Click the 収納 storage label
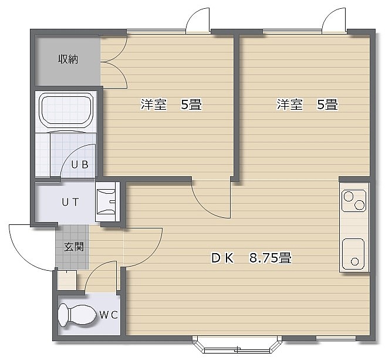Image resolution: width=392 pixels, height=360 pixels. tap(68, 59)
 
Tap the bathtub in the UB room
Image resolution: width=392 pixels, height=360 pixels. tap(66, 110)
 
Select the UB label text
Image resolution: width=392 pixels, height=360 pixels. tap(80, 164)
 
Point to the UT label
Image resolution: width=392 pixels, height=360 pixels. tap(70, 202)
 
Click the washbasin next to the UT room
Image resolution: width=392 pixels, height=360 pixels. tap(106, 201)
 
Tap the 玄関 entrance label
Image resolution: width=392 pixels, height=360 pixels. tap(73, 247)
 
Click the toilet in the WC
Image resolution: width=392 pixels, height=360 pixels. tap(77, 315)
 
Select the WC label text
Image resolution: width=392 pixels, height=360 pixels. tap(109, 315)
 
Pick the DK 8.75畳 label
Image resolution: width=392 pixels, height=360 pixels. tap(251, 258)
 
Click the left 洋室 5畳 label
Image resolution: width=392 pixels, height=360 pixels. tap(171, 105)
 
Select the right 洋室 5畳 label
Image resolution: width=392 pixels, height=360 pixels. tap(307, 105)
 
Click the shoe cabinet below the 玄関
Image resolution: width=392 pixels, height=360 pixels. tap(67, 280)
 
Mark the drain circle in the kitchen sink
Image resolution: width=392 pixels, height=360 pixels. tap(355, 262)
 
